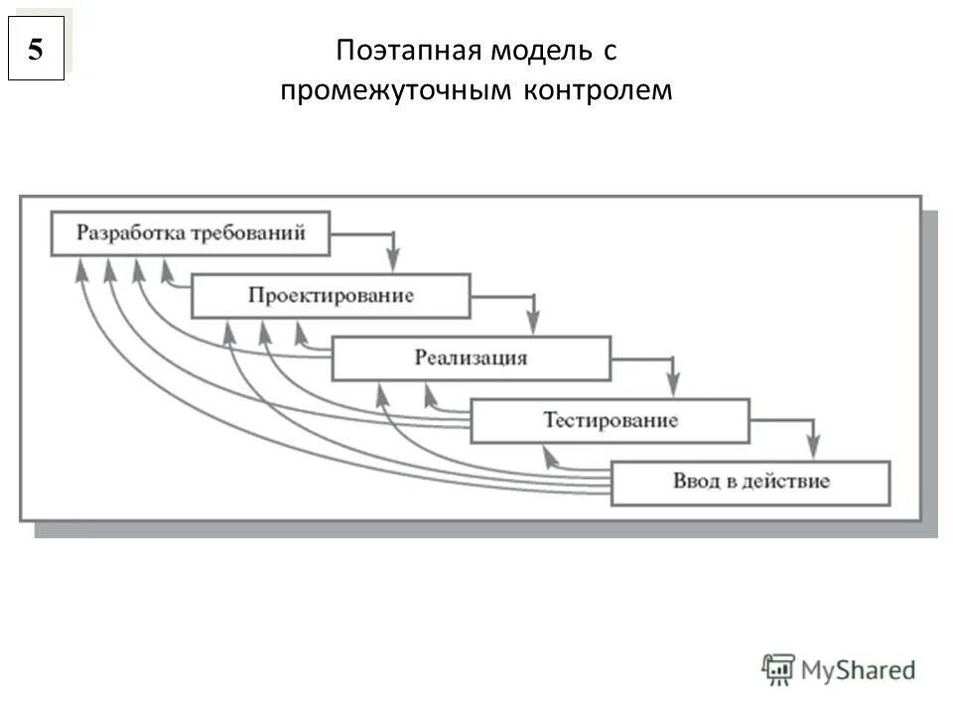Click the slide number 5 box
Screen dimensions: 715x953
point(36,49)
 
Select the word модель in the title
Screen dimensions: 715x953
point(542,51)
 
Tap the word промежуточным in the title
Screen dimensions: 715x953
point(397,90)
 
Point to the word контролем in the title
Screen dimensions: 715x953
point(598,90)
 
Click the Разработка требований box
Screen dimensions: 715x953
point(191,234)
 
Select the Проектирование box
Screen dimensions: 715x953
point(331,296)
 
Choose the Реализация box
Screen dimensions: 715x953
point(471,357)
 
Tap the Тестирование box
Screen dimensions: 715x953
point(611,420)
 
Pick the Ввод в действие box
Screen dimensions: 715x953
point(750,483)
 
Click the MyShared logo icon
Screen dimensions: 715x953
point(778,669)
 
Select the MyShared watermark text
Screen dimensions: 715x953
point(859,670)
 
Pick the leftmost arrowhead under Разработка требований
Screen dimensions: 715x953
point(79,267)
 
